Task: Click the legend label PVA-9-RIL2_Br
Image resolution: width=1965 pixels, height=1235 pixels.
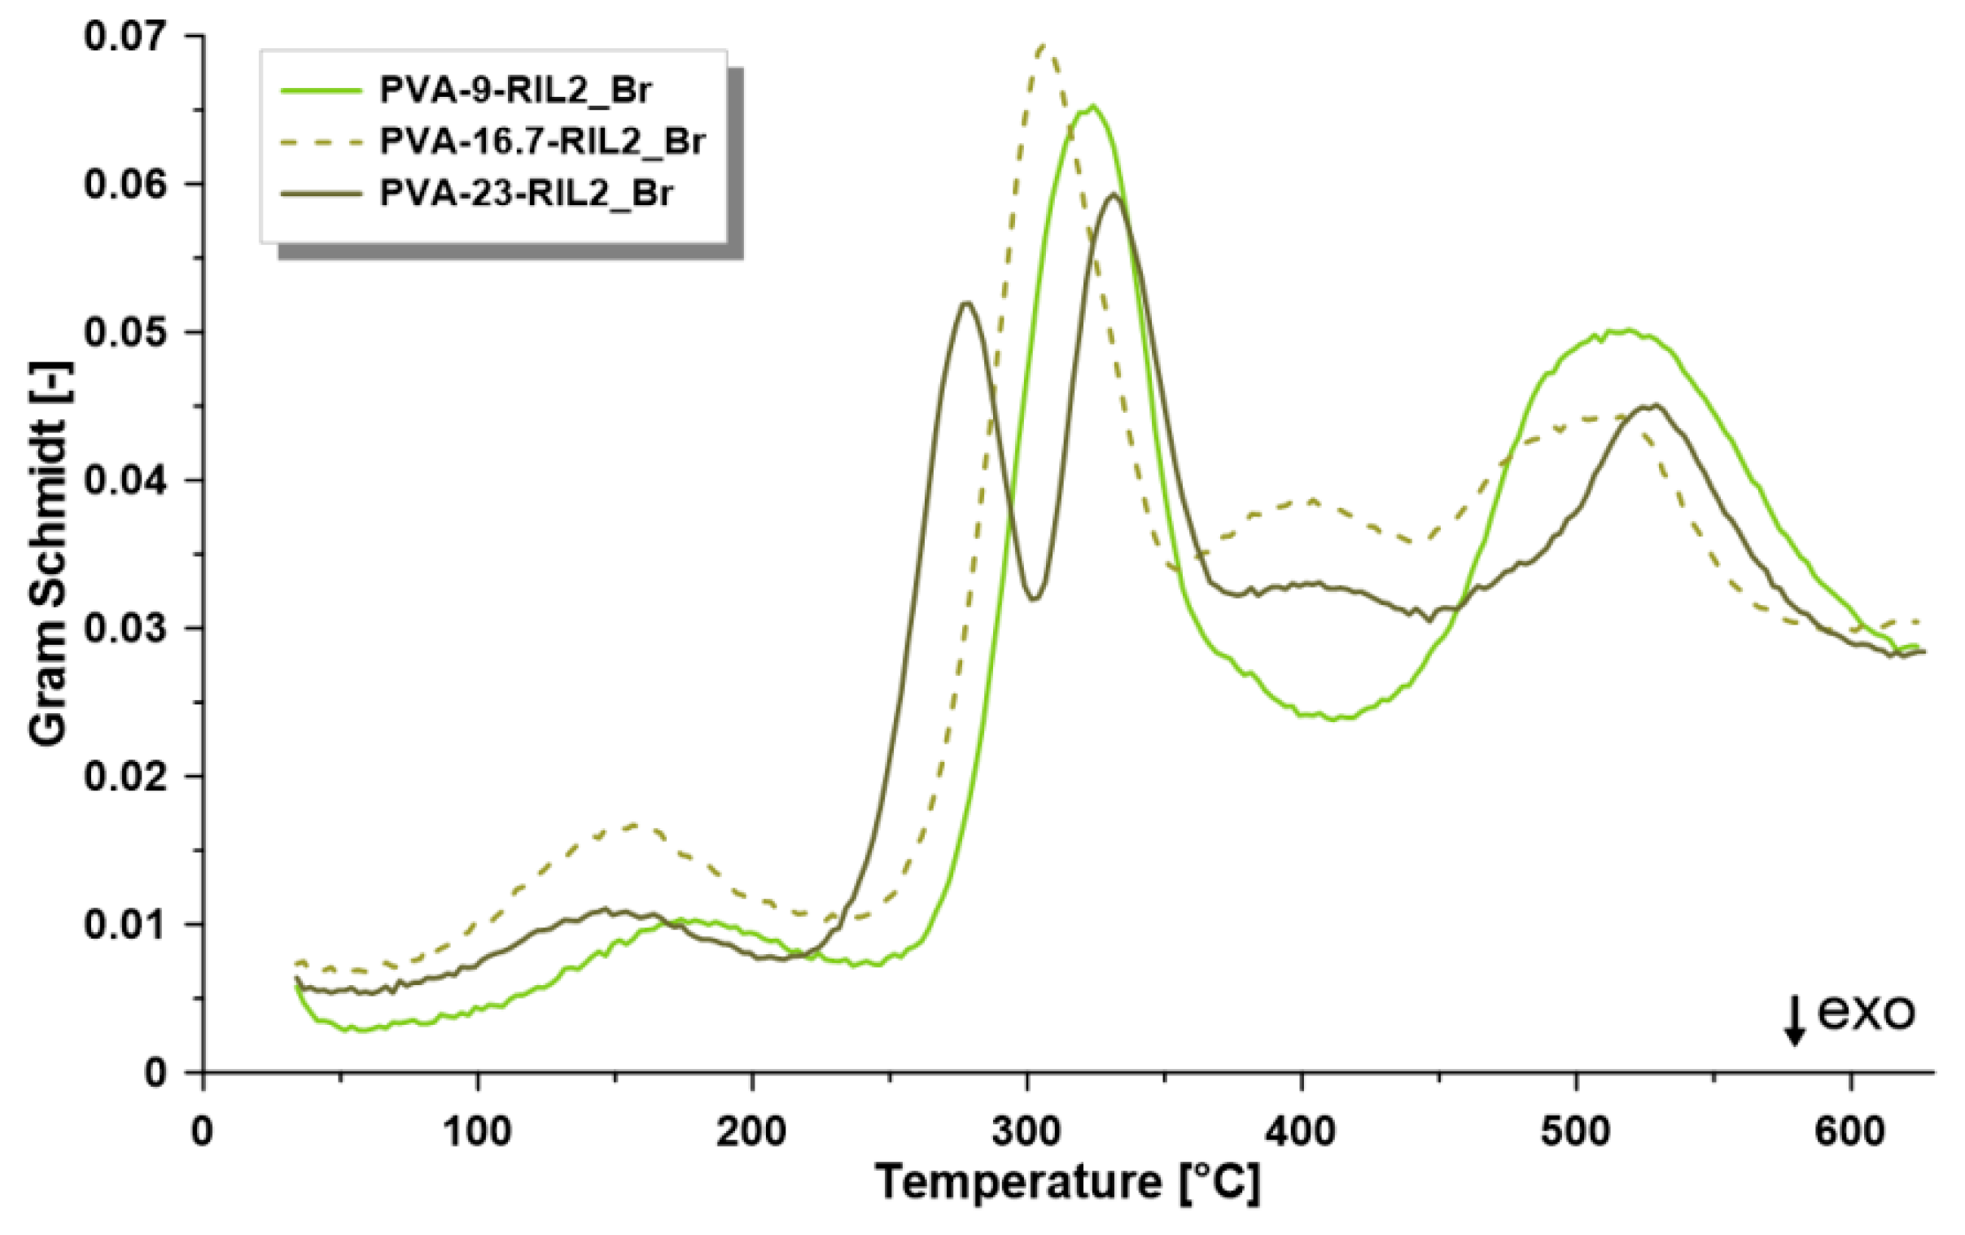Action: point(516,90)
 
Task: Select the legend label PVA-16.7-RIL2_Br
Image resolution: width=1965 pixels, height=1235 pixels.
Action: point(542,141)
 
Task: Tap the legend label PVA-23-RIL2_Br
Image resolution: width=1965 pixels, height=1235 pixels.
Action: point(527,194)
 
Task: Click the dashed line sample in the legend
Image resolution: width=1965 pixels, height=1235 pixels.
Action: point(321,142)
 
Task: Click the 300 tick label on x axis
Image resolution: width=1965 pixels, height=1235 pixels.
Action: point(1026,1132)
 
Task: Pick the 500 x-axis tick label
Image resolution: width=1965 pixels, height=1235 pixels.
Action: point(1576,1132)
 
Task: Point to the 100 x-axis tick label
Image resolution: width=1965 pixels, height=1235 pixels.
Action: point(476,1132)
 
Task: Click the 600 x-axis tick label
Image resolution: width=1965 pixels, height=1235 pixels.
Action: point(1850,1132)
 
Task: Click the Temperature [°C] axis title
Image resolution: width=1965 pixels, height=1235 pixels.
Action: point(1067,1181)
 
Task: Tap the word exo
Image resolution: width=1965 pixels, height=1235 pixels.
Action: point(1866,1012)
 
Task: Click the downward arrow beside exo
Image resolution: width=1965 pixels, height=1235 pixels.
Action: point(1793,1022)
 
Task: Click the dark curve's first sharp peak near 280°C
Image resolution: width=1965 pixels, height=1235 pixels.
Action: point(966,304)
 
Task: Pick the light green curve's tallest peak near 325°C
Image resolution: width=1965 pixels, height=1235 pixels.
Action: point(1091,106)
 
